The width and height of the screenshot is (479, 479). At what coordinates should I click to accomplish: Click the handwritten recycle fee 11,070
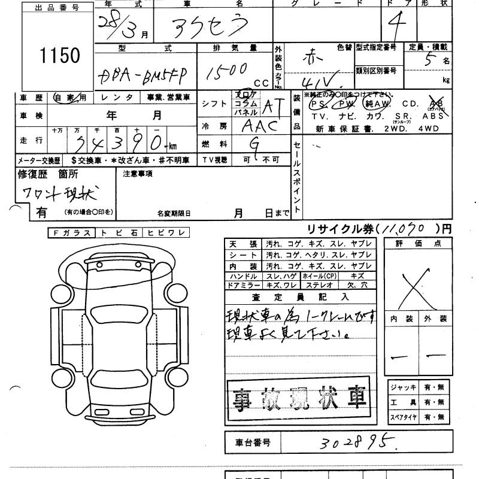pyautogui.click(x=407, y=229)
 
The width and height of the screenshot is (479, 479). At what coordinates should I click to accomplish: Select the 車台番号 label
pyautogui.click(x=250, y=443)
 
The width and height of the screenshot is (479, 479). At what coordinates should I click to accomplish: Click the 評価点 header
pyautogui.click(x=415, y=243)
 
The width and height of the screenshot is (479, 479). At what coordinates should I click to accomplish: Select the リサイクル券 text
pyautogui.click(x=333, y=229)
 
